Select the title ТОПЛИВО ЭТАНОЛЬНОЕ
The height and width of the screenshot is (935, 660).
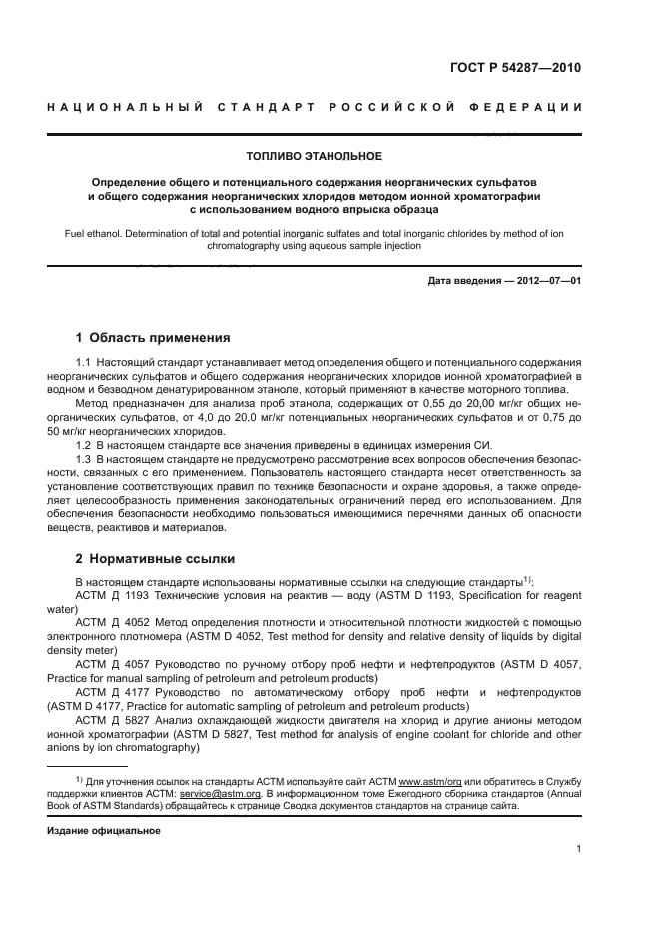[x=314, y=155]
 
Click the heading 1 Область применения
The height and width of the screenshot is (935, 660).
[x=154, y=337]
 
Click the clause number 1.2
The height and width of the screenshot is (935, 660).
[x=85, y=445]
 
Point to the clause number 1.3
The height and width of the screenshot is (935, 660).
[x=85, y=459]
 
